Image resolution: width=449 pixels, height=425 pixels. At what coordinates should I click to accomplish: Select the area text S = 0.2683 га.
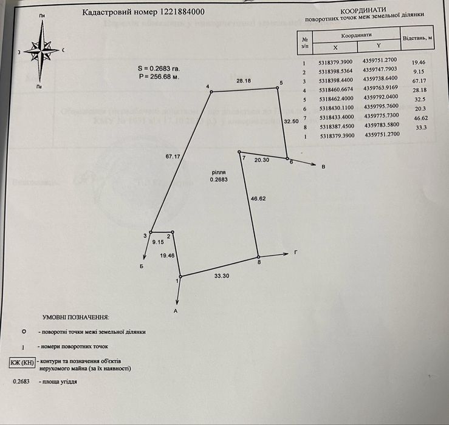click(x=159, y=69)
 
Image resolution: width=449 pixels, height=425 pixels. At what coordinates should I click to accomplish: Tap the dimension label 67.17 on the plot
click(x=173, y=157)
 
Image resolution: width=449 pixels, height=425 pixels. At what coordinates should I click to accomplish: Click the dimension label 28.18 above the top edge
click(x=244, y=80)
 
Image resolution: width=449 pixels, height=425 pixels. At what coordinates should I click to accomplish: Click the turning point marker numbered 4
click(x=212, y=92)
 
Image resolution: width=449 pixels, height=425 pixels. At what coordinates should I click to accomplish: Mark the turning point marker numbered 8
click(x=258, y=257)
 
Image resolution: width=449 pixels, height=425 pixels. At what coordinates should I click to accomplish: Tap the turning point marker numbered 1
click(x=180, y=276)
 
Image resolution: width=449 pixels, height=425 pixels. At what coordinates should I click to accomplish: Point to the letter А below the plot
click(x=176, y=310)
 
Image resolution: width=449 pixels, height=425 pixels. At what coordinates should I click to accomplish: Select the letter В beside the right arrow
click(x=323, y=167)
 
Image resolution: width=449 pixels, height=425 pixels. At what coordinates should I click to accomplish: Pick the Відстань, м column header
click(x=417, y=38)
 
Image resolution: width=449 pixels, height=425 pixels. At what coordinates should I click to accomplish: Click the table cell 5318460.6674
click(x=335, y=90)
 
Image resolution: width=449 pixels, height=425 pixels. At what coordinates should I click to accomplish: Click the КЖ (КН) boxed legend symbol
click(x=22, y=363)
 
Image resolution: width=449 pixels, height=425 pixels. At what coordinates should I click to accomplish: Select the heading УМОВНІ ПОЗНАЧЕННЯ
click(x=76, y=317)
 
